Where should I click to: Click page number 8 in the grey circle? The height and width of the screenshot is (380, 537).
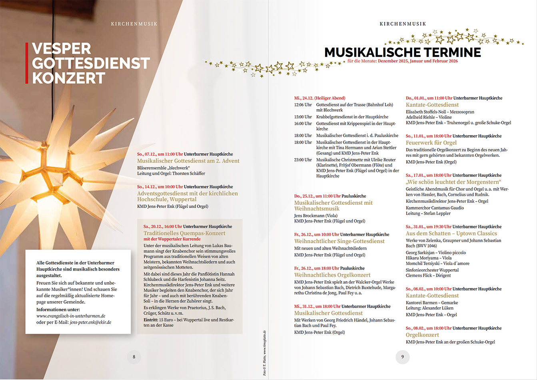(134, 357)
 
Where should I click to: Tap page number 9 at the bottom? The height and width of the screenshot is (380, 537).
(403, 357)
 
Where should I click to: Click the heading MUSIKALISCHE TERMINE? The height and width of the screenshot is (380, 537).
(403, 52)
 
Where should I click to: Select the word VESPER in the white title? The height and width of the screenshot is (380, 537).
(62, 49)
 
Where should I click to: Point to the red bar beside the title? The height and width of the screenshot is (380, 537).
(27, 63)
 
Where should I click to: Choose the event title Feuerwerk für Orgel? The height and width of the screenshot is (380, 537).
(431, 143)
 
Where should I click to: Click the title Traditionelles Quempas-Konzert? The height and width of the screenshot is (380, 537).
(184, 233)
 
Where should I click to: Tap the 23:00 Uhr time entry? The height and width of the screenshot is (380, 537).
(303, 160)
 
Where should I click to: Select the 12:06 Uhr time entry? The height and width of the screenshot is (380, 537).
(303, 105)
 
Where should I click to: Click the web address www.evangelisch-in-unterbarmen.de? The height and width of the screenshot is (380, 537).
(71, 316)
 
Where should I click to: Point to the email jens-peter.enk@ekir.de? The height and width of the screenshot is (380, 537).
(90, 322)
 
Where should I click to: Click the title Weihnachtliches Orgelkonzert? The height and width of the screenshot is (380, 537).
(332, 275)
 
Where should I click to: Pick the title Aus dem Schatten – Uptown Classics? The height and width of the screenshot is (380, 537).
(451, 234)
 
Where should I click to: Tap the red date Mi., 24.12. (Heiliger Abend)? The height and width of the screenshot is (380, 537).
(319, 98)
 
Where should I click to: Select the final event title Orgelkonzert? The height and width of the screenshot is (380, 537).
(422, 335)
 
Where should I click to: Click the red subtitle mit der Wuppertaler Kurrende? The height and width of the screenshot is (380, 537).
(172, 239)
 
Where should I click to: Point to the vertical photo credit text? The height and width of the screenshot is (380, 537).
(265, 353)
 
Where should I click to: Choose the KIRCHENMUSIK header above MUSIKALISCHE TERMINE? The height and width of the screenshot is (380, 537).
(403, 24)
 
